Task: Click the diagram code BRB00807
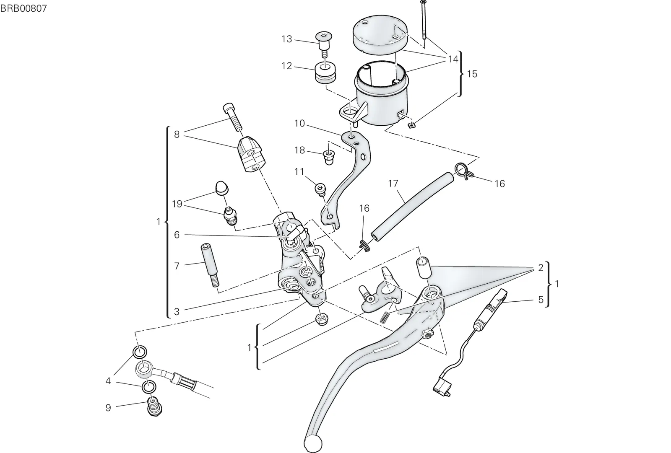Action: (x=23, y=8)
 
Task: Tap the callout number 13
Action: (x=287, y=39)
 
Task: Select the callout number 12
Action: (x=287, y=66)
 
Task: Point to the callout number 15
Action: (x=472, y=74)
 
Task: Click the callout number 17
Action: (x=393, y=183)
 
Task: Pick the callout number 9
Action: (x=108, y=407)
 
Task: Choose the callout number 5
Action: (x=541, y=300)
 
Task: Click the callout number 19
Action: (x=177, y=204)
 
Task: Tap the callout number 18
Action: (x=299, y=150)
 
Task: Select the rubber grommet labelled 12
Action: (x=325, y=73)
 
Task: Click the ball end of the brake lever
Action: (x=313, y=443)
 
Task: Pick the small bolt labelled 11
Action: (x=320, y=190)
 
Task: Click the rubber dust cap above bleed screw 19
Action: (x=222, y=188)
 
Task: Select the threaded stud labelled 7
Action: (x=210, y=265)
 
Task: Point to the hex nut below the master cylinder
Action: (x=322, y=319)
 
